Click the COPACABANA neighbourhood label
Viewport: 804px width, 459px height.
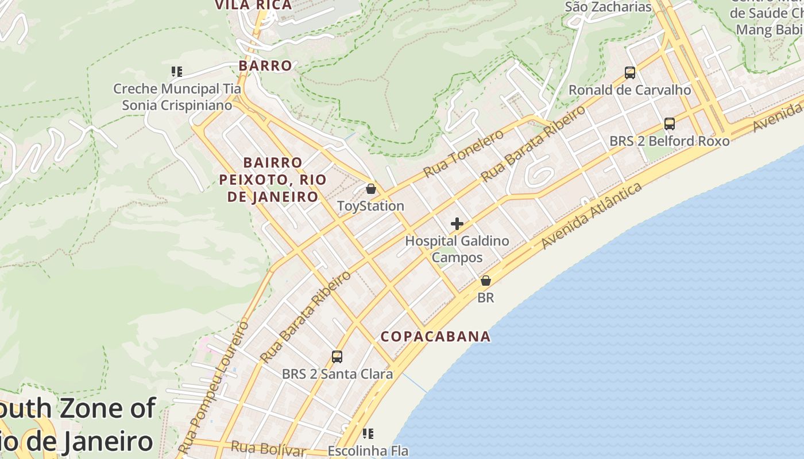click(436, 337)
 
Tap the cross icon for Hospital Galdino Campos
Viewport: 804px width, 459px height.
click(457, 224)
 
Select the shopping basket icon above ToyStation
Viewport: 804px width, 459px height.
click(371, 188)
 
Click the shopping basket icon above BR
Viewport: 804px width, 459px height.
click(486, 281)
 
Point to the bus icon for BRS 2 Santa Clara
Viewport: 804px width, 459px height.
click(337, 357)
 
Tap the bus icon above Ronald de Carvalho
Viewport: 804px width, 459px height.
click(630, 73)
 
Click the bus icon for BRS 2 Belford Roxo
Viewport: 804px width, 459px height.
click(670, 124)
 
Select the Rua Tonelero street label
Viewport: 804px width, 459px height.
click(463, 153)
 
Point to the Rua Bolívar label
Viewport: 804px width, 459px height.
click(268, 448)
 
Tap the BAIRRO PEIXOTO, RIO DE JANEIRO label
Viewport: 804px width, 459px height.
click(273, 180)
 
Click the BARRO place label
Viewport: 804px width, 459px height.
click(265, 65)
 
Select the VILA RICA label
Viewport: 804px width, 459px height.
click(253, 5)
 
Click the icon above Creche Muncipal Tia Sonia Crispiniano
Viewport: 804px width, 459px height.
click(177, 72)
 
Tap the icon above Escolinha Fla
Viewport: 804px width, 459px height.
click(368, 434)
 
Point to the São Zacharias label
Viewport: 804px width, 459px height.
click(608, 7)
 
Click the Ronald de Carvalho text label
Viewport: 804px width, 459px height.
click(629, 90)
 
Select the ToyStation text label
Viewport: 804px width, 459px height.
click(370, 206)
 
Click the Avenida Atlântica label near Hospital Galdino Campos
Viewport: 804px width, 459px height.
click(592, 216)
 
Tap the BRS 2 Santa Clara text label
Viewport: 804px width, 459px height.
click(337, 374)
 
